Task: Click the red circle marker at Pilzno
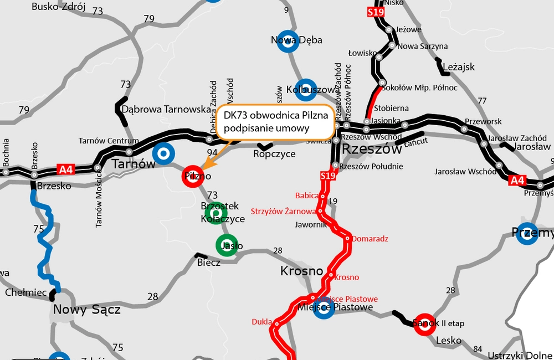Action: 192,177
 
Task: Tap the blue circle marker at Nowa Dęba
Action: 289,40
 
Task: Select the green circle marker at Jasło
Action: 227,245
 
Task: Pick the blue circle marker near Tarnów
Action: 163,153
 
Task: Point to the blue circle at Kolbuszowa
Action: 306,90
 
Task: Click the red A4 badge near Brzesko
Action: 66,169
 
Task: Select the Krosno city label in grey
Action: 301,271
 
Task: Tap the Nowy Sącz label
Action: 86,310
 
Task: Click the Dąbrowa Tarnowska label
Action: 166,109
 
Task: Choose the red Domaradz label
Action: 370,239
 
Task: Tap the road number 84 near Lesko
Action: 478,348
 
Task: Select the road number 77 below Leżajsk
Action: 482,101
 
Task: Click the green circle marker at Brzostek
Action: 216,212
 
